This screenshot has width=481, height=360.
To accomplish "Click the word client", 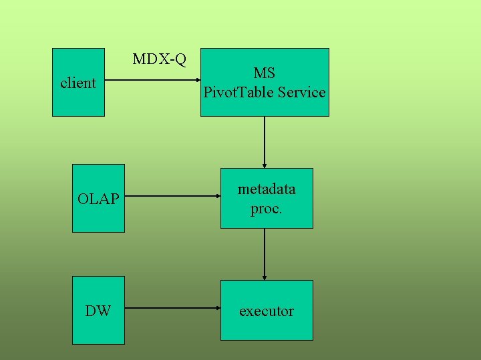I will click(x=78, y=83).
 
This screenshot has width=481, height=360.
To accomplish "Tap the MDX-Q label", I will click(x=159, y=59).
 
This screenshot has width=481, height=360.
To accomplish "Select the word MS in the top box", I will click(x=265, y=73).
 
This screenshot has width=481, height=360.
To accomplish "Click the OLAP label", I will click(x=98, y=199).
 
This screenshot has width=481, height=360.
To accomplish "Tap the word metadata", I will click(x=267, y=189).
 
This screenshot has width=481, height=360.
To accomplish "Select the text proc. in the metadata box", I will click(x=267, y=209).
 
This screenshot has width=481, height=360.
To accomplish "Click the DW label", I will click(x=98, y=311).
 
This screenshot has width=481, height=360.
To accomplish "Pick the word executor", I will click(x=267, y=311).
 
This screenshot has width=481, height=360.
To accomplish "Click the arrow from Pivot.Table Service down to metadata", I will click(x=265, y=141).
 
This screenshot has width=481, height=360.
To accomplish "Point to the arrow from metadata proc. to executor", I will click(x=265, y=253).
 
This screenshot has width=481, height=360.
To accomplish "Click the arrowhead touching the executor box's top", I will click(x=265, y=276).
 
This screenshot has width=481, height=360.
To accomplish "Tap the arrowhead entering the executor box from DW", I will click(x=217, y=309).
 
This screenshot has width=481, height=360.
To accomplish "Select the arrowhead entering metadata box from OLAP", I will click(x=217, y=197).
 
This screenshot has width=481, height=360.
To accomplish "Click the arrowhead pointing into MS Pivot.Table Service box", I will click(x=197, y=81).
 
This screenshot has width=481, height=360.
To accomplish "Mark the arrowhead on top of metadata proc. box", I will click(x=265, y=164).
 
